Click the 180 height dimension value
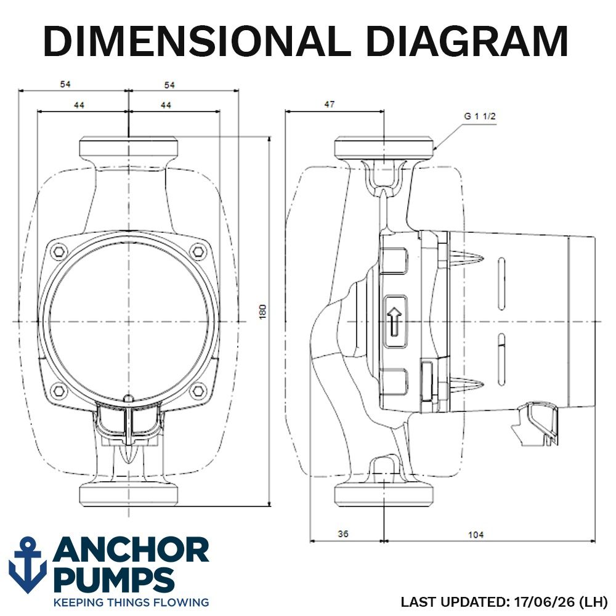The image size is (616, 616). coord(263,312)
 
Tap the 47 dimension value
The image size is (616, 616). coord(329,104)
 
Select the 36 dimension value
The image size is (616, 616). coord(343,534)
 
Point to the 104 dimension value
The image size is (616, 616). coord(476,535)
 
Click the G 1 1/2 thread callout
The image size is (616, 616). coord(480,116)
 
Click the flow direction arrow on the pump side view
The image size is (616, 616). coord(394,322)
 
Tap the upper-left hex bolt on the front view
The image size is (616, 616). coord(59,252)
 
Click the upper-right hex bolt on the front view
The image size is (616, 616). coord(199,252)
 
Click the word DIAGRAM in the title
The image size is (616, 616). coord(467,41)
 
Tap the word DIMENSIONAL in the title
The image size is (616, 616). coord(197,41)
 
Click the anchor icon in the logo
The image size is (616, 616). coord(28,565)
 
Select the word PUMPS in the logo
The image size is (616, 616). coord(114,580)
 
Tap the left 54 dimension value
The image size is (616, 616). coord(65,84)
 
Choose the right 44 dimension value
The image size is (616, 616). coord(166,105)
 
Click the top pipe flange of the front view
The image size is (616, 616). coord(129,147)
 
